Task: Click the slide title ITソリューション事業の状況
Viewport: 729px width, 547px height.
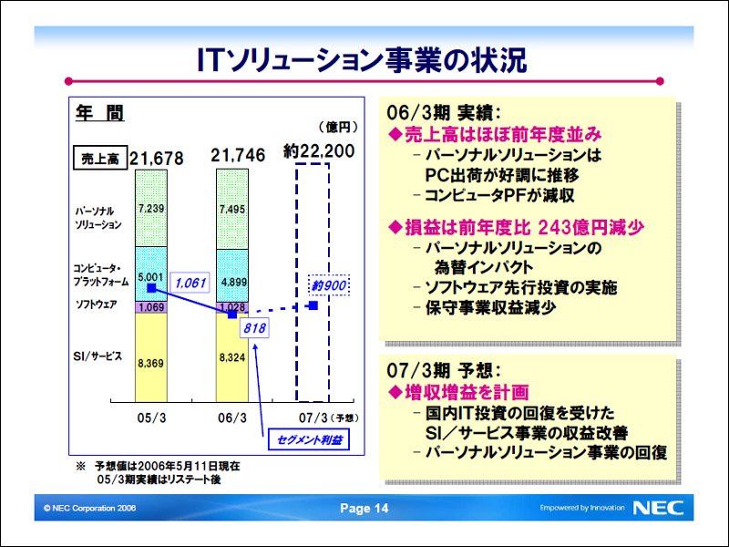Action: click(x=362, y=60)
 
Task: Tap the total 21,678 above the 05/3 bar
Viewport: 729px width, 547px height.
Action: click(x=157, y=159)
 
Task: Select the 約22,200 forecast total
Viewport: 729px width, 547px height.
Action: click(x=319, y=151)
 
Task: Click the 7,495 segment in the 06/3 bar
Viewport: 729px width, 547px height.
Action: click(x=232, y=210)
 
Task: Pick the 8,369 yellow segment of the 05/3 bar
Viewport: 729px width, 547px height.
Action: click(x=151, y=357)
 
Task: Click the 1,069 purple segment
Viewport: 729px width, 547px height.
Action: click(x=151, y=307)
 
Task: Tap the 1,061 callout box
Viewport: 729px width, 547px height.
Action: click(x=190, y=283)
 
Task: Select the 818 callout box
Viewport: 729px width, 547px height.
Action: click(x=254, y=328)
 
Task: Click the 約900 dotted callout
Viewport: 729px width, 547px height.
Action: click(x=329, y=285)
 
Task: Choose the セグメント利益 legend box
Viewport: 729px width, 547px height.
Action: click(x=309, y=440)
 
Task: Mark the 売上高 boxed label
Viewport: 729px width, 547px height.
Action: click(x=100, y=159)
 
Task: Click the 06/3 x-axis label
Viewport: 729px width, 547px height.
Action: click(x=232, y=418)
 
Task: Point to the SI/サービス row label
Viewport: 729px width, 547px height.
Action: click(x=98, y=356)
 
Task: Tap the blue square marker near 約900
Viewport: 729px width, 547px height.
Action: click(x=313, y=305)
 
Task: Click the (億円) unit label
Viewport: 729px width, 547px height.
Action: click(x=338, y=127)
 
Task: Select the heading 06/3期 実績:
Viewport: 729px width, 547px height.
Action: click(x=444, y=112)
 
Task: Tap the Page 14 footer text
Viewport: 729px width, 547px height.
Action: click(x=364, y=508)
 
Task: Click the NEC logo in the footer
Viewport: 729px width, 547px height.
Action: click(x=658, y=508)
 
